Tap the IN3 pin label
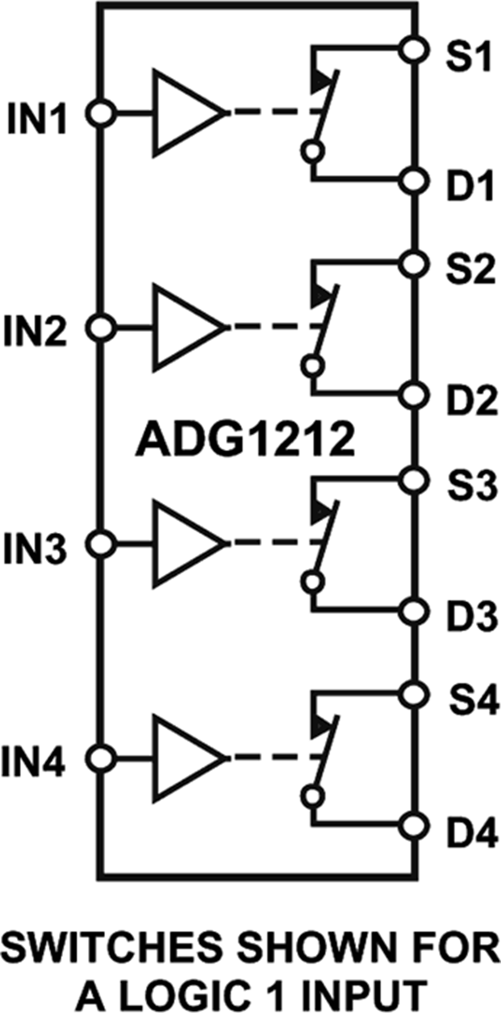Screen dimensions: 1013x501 pyautogui.click(x=35, y=548)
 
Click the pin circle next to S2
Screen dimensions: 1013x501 pyautogui.click(x=413, y=262)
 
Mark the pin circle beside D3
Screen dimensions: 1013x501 pyautogui.click(x=413, y=611)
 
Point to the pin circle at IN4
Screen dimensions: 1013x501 pyautogui.click(x=101, y=758)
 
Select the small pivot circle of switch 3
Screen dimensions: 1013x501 pyautogui.click(x=313, y=581)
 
